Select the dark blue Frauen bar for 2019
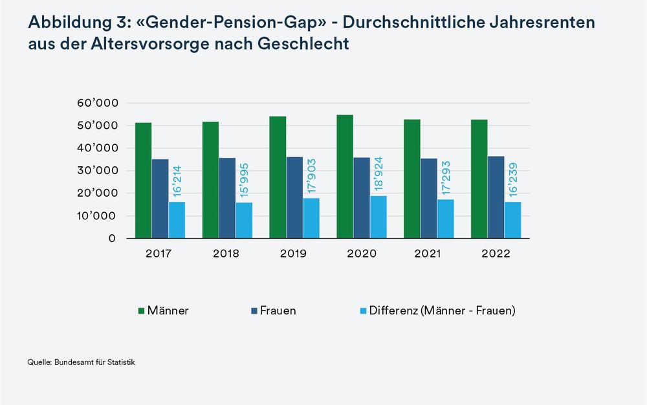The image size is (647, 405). click(294, 197)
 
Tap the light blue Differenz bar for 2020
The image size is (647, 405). click(378, 217)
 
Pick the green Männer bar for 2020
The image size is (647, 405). click(345, 177)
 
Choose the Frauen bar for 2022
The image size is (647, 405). click(496, 197)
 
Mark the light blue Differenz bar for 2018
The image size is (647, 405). click(244, 220)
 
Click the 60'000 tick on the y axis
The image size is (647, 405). click(97, 103)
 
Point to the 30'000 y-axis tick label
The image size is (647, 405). click(97, 171)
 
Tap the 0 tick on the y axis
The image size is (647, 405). click(112, 239)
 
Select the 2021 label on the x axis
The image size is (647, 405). click(428, 254)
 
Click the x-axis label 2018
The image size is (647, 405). click(226, 254)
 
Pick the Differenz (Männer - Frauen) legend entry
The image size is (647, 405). click(437, 311)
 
